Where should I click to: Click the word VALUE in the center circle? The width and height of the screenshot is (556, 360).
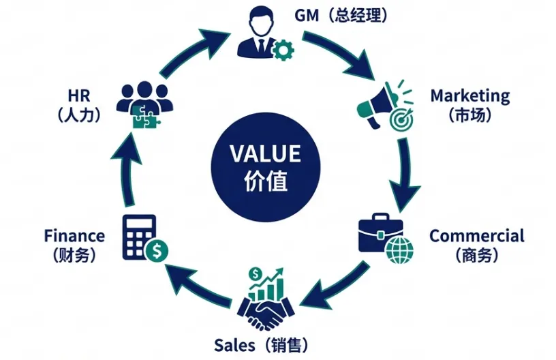click(264, 153)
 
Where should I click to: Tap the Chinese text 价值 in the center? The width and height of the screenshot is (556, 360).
click(265, 181)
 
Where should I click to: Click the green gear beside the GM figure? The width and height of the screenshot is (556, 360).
click(281, 50)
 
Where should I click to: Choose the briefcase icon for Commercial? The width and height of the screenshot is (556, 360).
click(379, 235)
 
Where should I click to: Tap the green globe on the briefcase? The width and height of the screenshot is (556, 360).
click(399, 251)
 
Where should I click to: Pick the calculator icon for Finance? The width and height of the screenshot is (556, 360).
click(139, 236)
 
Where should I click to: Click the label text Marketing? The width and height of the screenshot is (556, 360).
click(469, 95)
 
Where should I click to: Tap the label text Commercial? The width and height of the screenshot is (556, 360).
click(477, 236)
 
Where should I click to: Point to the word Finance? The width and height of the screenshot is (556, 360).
click(74, 236)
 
